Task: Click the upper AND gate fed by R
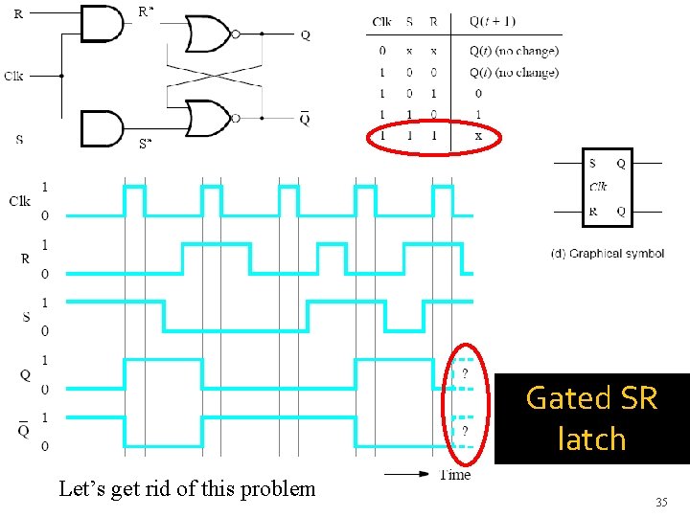[x=102, y=22]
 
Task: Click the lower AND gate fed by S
[x=102, y=128]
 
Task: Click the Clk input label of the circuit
[x=13, y=76]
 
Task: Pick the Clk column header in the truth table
[x=382, y=22]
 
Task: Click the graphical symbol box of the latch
[x=608, y=188]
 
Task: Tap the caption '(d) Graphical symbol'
[x=607, y=254]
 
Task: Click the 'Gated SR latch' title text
[x=591, y=418]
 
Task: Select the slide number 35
[x=660, y=502]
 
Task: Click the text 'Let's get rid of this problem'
[x=187, y=488]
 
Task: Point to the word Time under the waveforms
[x=455, y=474]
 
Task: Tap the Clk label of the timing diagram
[x=19, y=201]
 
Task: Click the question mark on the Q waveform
[x=465, y=373]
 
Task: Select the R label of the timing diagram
[x=25, y=258]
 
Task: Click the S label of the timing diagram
[x=25, y=316]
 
